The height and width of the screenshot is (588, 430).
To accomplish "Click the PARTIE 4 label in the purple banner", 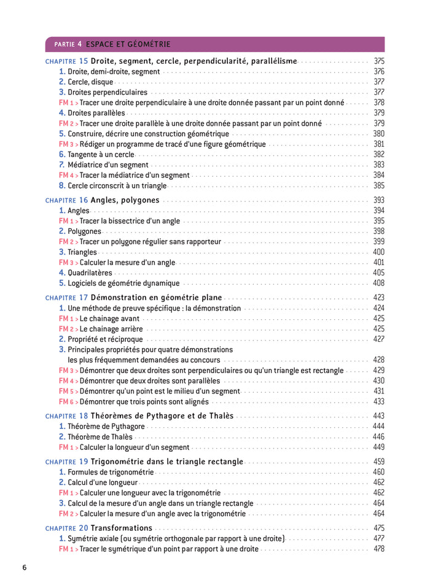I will click(x=68, y=44).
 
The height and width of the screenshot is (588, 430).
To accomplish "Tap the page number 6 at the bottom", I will click(x=25, y=568).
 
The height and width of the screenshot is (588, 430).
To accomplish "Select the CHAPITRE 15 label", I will click(x=67, y=61).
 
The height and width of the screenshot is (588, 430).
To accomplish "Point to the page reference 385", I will click(x=378, y=185).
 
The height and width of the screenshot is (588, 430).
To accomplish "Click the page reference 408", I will click(x=378, y=284).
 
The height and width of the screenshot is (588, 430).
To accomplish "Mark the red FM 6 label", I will click(x=68, y=402).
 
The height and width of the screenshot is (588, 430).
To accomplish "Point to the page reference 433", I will click(x=378, y=402).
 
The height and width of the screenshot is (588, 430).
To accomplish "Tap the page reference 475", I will click(x=378, y=528).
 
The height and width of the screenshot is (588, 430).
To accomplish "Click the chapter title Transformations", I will click(x=121, y=528).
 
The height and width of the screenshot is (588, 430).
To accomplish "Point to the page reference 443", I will click(x=378, y=416).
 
